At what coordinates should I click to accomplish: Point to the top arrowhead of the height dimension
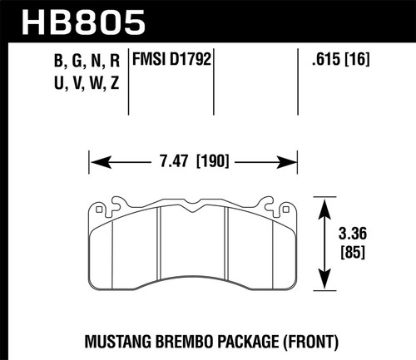(x=324, y=199)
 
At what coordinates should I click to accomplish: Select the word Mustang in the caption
(x=115, y=340)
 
